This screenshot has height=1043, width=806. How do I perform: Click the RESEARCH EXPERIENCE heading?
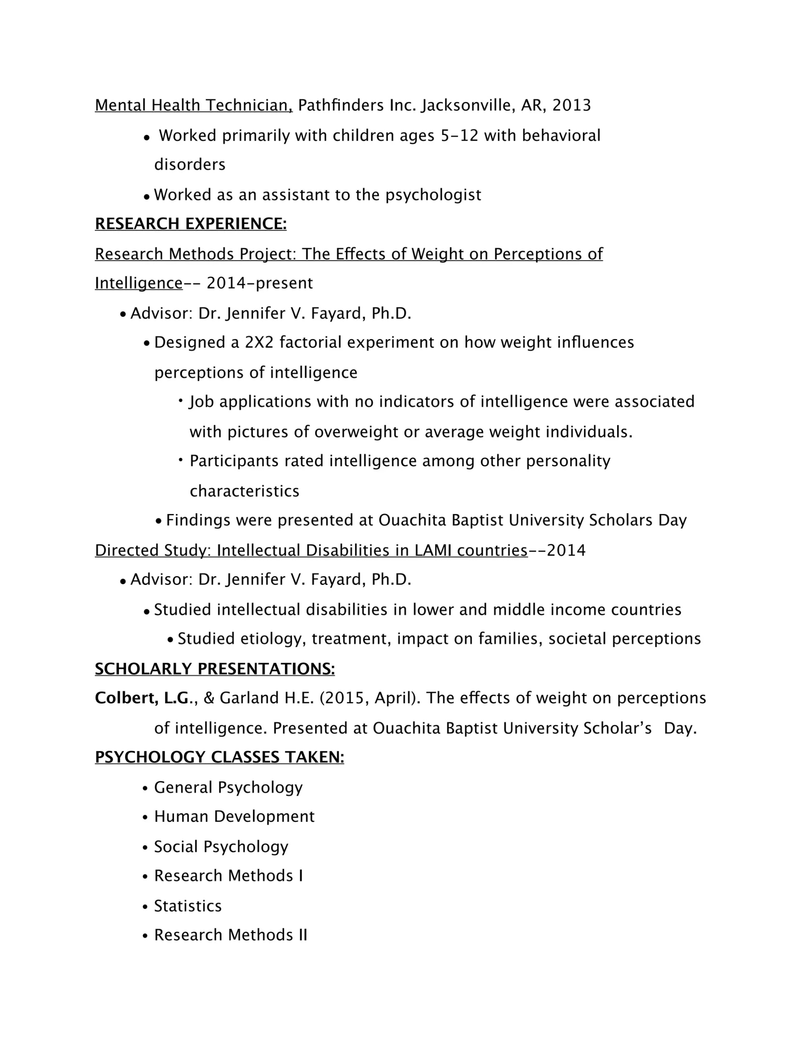(x=191, y=224)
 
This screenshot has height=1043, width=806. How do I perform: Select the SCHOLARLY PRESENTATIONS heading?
(x=215, y=669)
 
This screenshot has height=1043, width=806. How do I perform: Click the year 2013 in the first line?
(x=572, y=105)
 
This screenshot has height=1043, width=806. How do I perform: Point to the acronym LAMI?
(x=433, y=550)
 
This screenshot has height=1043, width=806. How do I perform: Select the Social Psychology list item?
(x=221, y=846)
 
